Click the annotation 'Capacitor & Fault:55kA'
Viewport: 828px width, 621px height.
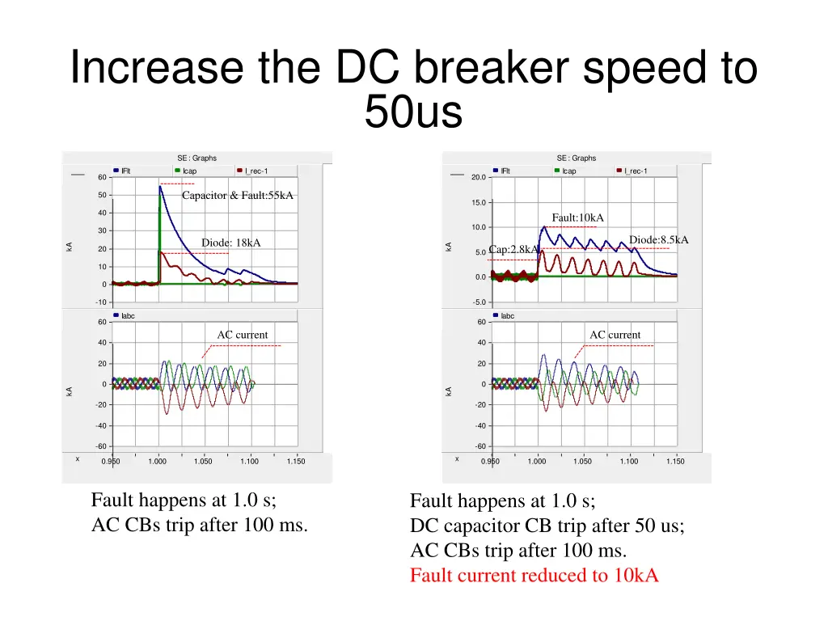237,196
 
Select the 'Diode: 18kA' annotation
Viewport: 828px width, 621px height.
230,243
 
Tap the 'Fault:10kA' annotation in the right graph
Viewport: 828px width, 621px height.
577,218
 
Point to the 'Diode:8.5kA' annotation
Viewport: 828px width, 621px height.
658,239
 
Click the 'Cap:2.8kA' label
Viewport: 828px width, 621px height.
513,250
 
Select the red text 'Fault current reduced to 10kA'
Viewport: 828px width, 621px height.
534,576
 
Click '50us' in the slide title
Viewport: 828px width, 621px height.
413,112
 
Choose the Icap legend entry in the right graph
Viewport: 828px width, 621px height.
568,171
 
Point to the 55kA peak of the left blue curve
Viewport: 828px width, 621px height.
160,187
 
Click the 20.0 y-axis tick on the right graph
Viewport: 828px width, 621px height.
478,178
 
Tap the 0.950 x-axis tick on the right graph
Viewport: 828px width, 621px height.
490,462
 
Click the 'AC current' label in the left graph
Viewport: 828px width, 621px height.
242,335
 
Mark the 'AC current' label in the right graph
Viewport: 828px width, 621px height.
615,335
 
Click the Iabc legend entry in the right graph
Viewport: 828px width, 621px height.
507,316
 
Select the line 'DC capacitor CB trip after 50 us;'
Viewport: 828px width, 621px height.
547,526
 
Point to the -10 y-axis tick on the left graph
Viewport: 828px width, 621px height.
101,302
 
